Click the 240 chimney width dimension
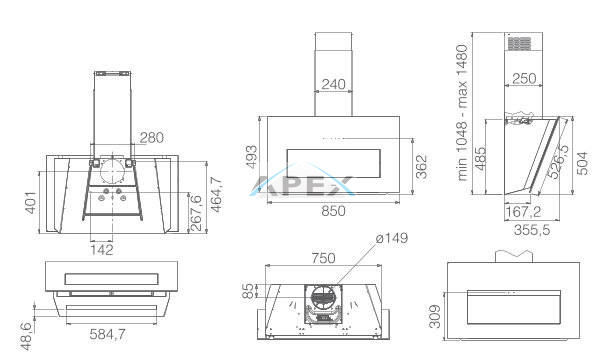pos(333,85)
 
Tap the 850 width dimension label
pos(333,211)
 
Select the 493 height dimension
pos(251,156)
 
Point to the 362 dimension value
pos(422,166)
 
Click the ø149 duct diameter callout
pos(392,238)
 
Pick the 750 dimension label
pos(323,258)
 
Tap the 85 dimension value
pos(248,291)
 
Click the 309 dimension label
pos(434,316)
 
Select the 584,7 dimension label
pos(107,334)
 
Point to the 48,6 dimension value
pos(26,336)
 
